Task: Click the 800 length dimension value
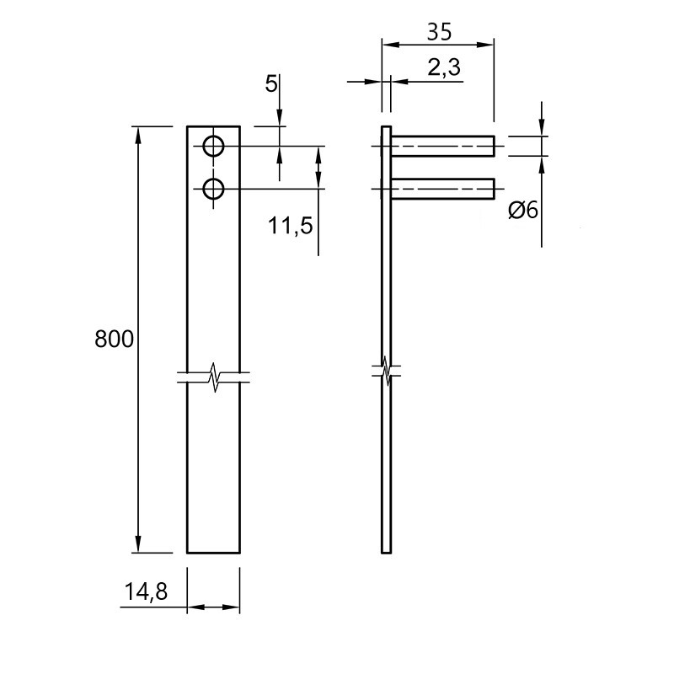pos(114,339)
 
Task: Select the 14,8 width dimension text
pos(146,592)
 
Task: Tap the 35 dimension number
pos(439,32)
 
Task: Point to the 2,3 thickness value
pos(444,67)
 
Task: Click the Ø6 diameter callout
pos(523,211)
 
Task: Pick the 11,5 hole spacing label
pos(290,225)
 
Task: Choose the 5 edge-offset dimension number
pos(271,83)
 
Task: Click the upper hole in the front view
pos(213,147)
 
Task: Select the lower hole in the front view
pos(213,189)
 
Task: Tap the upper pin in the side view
pos(443,146)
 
